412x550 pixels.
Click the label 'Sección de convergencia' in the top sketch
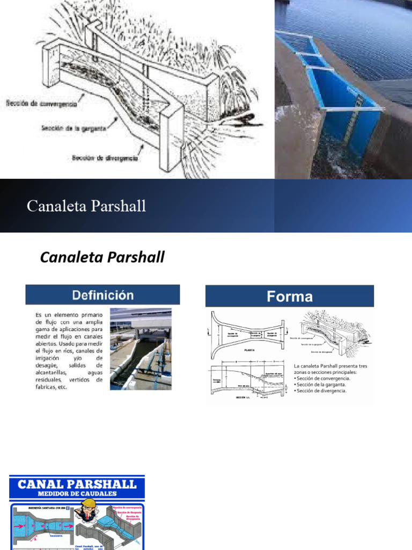[x=41, y=103]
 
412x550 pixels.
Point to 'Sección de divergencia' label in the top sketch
[x=105, y=158]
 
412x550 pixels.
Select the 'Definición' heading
[x=102, y=295]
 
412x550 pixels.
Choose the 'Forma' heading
[x=290, y=296]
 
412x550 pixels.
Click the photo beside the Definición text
[x=141, y=349]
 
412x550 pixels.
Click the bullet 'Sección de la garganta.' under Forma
[x=321, y=385]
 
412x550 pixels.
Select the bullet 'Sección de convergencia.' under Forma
[x=323, y=378]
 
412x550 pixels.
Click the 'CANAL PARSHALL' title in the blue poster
[x=77, y=484]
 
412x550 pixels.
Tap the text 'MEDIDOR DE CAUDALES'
[x=77, y=494]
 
